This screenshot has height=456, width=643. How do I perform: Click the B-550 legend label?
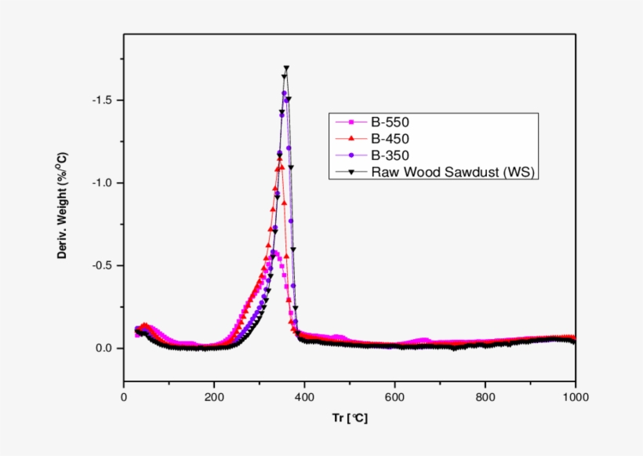(x=391, y=122)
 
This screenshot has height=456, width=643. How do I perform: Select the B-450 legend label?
(x=391, y=139)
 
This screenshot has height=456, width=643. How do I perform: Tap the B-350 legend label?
(x=391, y=155)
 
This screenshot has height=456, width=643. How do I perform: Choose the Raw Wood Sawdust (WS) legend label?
(x=453, y=173)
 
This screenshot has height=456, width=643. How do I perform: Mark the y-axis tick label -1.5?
(x=102, y=100)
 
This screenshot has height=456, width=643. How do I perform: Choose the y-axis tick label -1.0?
(x=102, y=183)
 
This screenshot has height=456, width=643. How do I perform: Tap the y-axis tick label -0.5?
(x=102, y=265)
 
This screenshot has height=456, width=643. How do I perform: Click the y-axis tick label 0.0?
(x=104, y=348)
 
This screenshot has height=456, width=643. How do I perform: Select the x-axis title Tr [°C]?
(x=349, y=418)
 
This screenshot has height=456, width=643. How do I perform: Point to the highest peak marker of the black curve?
(x=286, y=68)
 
